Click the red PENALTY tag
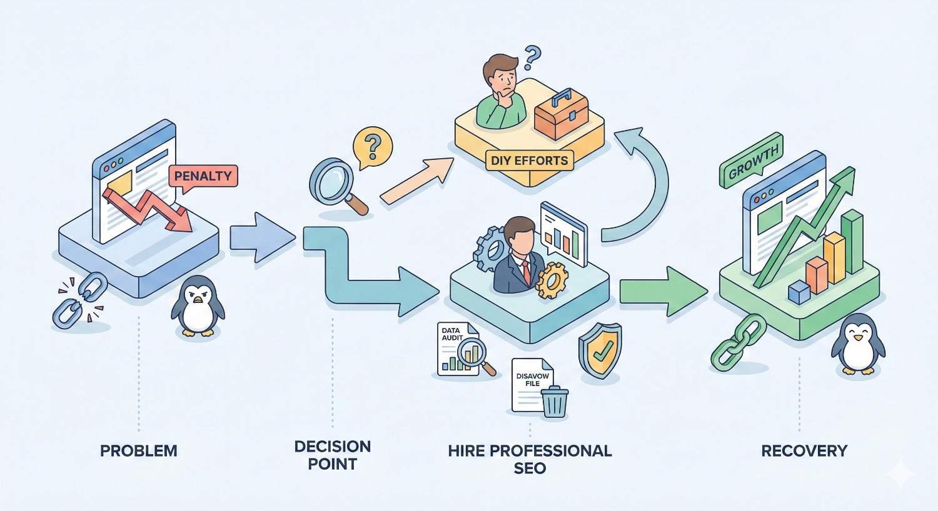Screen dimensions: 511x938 click(x=203, y=176)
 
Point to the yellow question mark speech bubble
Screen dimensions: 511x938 click(x=372, y=147)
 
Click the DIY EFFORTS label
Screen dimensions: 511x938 click(x=529, y=160)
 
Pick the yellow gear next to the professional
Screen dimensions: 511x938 click(x=552, y=280)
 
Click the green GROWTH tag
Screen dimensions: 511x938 click(x=751, y=159)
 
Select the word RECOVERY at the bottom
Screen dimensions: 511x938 click(x=804, y=450)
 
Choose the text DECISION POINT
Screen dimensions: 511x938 click(x=332, y=455)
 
